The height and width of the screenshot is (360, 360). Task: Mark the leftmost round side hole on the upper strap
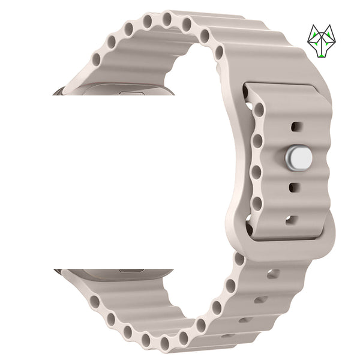[x=97, y=60]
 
